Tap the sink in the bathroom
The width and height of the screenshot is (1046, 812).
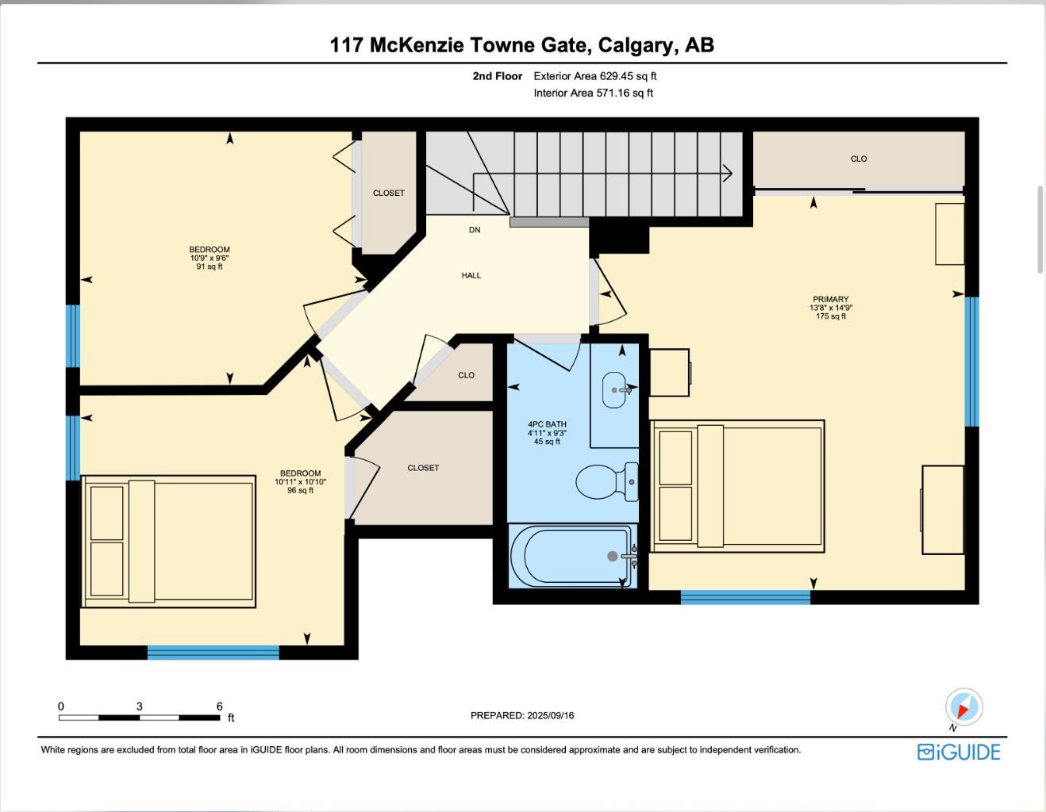tap(615, 389)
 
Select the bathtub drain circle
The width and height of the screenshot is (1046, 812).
tap(612, 556)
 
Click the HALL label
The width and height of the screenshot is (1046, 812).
tap(471, 275)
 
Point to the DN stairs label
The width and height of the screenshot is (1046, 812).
tap(475, 230)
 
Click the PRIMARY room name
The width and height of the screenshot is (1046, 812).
tap(831, 300)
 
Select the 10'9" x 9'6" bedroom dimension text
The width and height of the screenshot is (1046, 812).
tap(210, 258)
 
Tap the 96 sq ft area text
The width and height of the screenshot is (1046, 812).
tap(300, 490)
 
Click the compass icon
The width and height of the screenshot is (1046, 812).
tap(963, 707)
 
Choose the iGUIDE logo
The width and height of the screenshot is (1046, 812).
tap(959, 752)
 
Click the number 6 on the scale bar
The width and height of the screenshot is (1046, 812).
tap(220, 706)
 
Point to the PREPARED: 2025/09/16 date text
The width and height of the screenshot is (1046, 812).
tap(522, 715)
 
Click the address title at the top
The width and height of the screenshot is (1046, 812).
tap(522, 45)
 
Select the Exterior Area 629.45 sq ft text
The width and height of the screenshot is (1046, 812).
tap(595, 76)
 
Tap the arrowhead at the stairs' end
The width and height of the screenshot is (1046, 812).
tap(727, 173)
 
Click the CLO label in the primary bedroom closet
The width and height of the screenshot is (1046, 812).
tap(859, 159)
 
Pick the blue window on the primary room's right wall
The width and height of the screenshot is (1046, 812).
tap(971, 362)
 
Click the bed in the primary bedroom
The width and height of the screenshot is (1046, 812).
tap(737, 486)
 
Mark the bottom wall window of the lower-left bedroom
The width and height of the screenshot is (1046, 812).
tap(213, 653)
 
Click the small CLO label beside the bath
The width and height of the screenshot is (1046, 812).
tap(467, 375)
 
